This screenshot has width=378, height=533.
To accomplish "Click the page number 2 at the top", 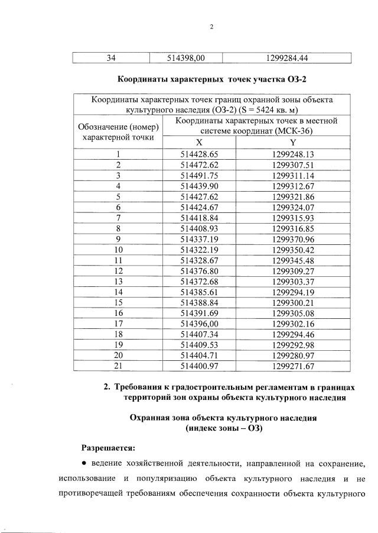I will [211, 27].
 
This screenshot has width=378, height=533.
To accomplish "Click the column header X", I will [198, 143].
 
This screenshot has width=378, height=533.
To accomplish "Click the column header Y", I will [293, 143].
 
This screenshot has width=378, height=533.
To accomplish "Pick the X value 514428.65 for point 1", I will [198, 154].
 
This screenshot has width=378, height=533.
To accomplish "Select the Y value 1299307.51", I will [293, 164].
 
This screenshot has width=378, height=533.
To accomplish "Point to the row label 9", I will [119, 239].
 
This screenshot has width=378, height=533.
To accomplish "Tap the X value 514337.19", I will [198, 239].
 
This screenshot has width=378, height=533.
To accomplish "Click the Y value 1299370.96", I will [293, 239].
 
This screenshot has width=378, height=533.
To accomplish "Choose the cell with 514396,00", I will [198, 324].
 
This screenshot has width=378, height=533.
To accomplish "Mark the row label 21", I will [119, 366].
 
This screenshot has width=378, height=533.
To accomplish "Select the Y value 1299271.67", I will [293, 366].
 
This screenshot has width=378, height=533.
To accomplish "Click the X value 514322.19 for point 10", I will [198, 250].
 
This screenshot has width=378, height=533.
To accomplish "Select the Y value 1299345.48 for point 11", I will [293, 260].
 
